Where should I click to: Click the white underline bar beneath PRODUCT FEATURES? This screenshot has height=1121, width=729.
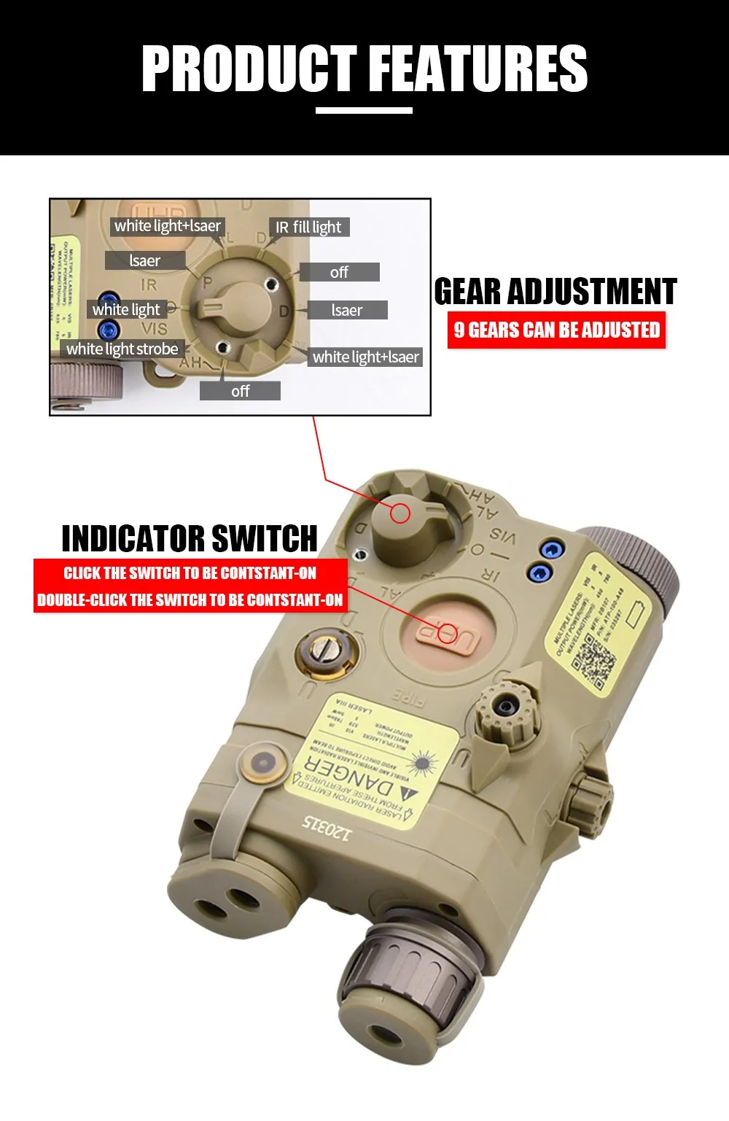[x=364, y=111]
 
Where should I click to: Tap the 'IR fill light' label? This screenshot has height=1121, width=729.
[x=308, y=227]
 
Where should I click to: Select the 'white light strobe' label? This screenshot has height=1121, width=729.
[x=122, y=349]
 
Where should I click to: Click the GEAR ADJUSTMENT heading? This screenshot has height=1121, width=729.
[x=555, y=292]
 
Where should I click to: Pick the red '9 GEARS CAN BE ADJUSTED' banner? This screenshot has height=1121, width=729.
[x=556, y=330]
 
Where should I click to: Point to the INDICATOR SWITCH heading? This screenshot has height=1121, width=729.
[x=190, y=539]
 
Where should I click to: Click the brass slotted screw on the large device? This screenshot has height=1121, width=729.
[x=325, y=648]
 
